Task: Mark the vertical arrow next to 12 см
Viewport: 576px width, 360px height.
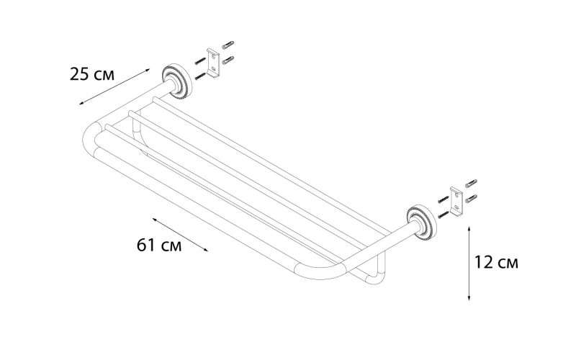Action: coord(469,262)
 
